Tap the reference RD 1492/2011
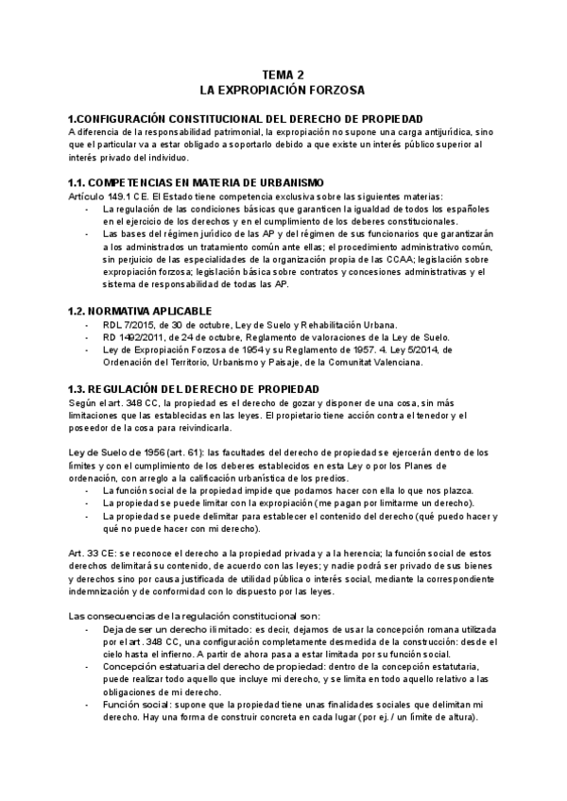coord(131,337)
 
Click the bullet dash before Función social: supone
coord(88,703)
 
